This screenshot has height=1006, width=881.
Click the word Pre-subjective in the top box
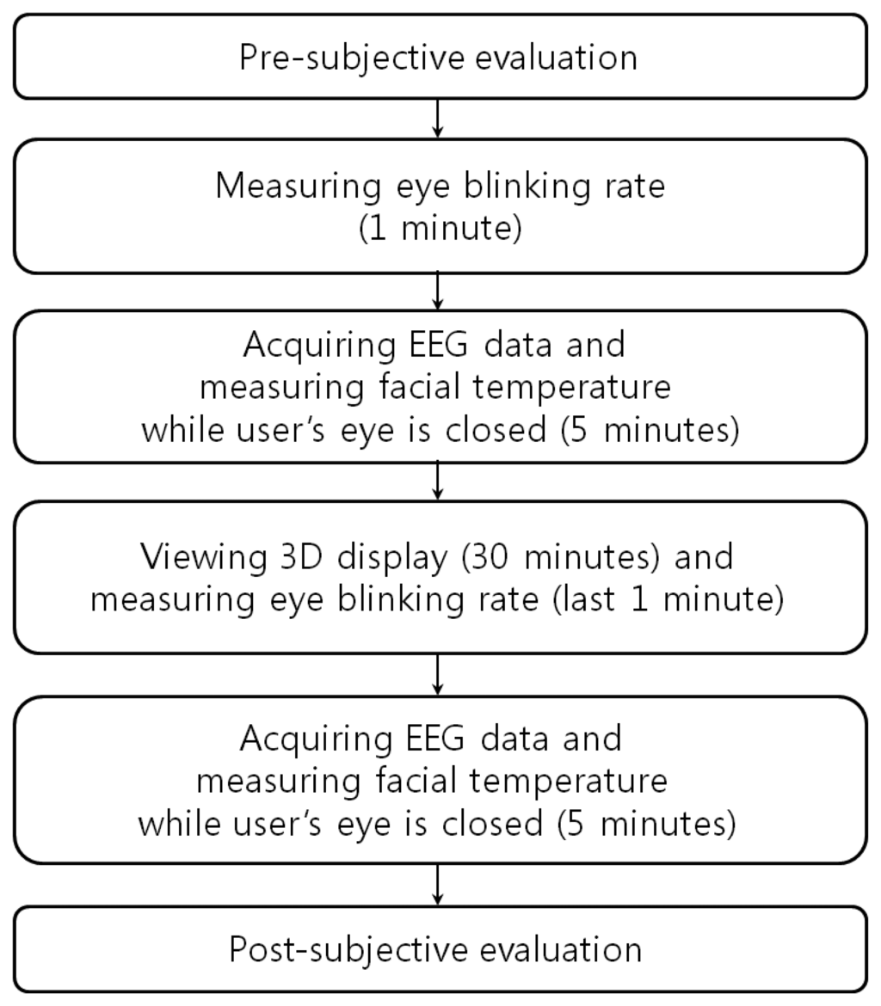click(x=331, y=58)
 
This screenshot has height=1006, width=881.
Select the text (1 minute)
click(x=440, y=231)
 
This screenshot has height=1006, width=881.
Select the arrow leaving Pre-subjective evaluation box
click(x=439, y=119)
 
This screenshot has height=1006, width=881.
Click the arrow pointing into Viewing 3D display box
click(x=439, y=481)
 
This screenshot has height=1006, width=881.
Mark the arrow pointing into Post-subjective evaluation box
click(x=439, y=884)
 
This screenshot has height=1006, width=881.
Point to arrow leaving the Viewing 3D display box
click(x=439, y=675)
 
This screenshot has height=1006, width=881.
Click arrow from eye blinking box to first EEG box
click(x=439, y=291)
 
